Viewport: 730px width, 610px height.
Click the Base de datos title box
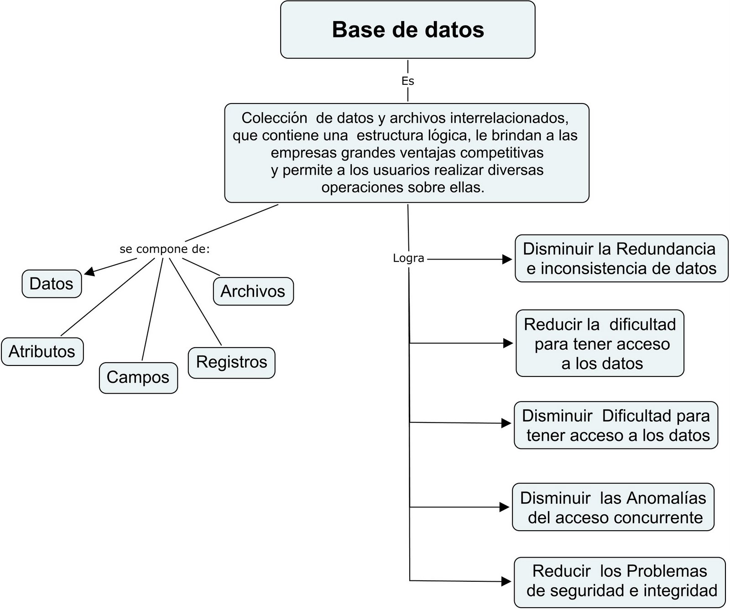407,30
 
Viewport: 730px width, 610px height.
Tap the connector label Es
407,81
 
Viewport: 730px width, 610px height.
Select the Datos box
52,284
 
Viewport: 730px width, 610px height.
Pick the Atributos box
42,351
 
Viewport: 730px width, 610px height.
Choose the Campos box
138,377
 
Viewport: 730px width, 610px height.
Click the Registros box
231,362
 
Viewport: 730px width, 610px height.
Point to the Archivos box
253,291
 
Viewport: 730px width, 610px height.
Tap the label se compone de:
164,249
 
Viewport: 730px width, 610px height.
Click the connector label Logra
408,258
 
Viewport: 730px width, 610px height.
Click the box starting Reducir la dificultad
600,344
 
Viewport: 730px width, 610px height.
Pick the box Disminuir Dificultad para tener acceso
615,425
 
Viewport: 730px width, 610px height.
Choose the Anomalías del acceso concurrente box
613,507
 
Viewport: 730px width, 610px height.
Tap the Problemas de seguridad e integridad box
619,581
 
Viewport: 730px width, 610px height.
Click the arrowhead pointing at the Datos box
89,271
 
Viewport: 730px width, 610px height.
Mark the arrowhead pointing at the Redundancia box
507,259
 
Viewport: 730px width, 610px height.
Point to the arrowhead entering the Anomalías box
504,507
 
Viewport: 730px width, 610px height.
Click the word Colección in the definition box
274,118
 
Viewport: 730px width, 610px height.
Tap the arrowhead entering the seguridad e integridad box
506,581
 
